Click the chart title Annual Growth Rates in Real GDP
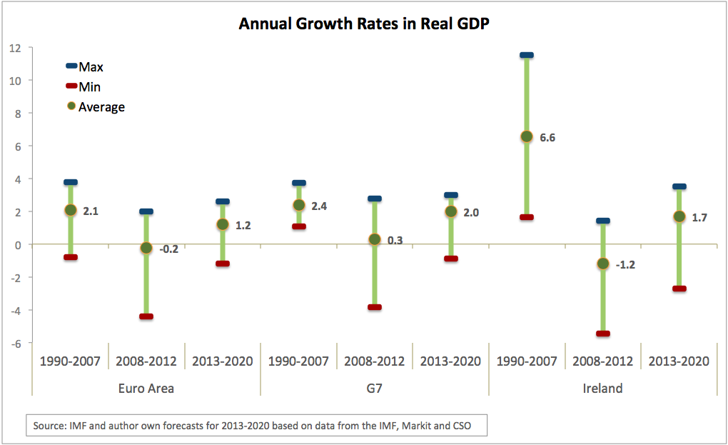tap(363, 24)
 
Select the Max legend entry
tap(91, 67)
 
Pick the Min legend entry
tap(89, 87)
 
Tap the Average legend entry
tap(101, 107)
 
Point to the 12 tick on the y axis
tap(15, 48)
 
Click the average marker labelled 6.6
tap(527, 136)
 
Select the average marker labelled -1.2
tap(603, 264)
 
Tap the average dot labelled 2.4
tap(299, 206)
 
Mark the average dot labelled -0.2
tap(146, 248)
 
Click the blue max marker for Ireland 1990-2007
tap(527, 55)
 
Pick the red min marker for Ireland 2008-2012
tap(603, 334)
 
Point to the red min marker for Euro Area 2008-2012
tap(146, 316)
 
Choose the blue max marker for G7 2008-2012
tap(375, 199)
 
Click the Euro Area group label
tap(146, 389)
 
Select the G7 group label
tap(374, 389)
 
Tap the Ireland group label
tap(602, 389)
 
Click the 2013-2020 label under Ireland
tap(679, 361)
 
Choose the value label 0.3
tap(395, 241)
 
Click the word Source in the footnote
tap(49, 426)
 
